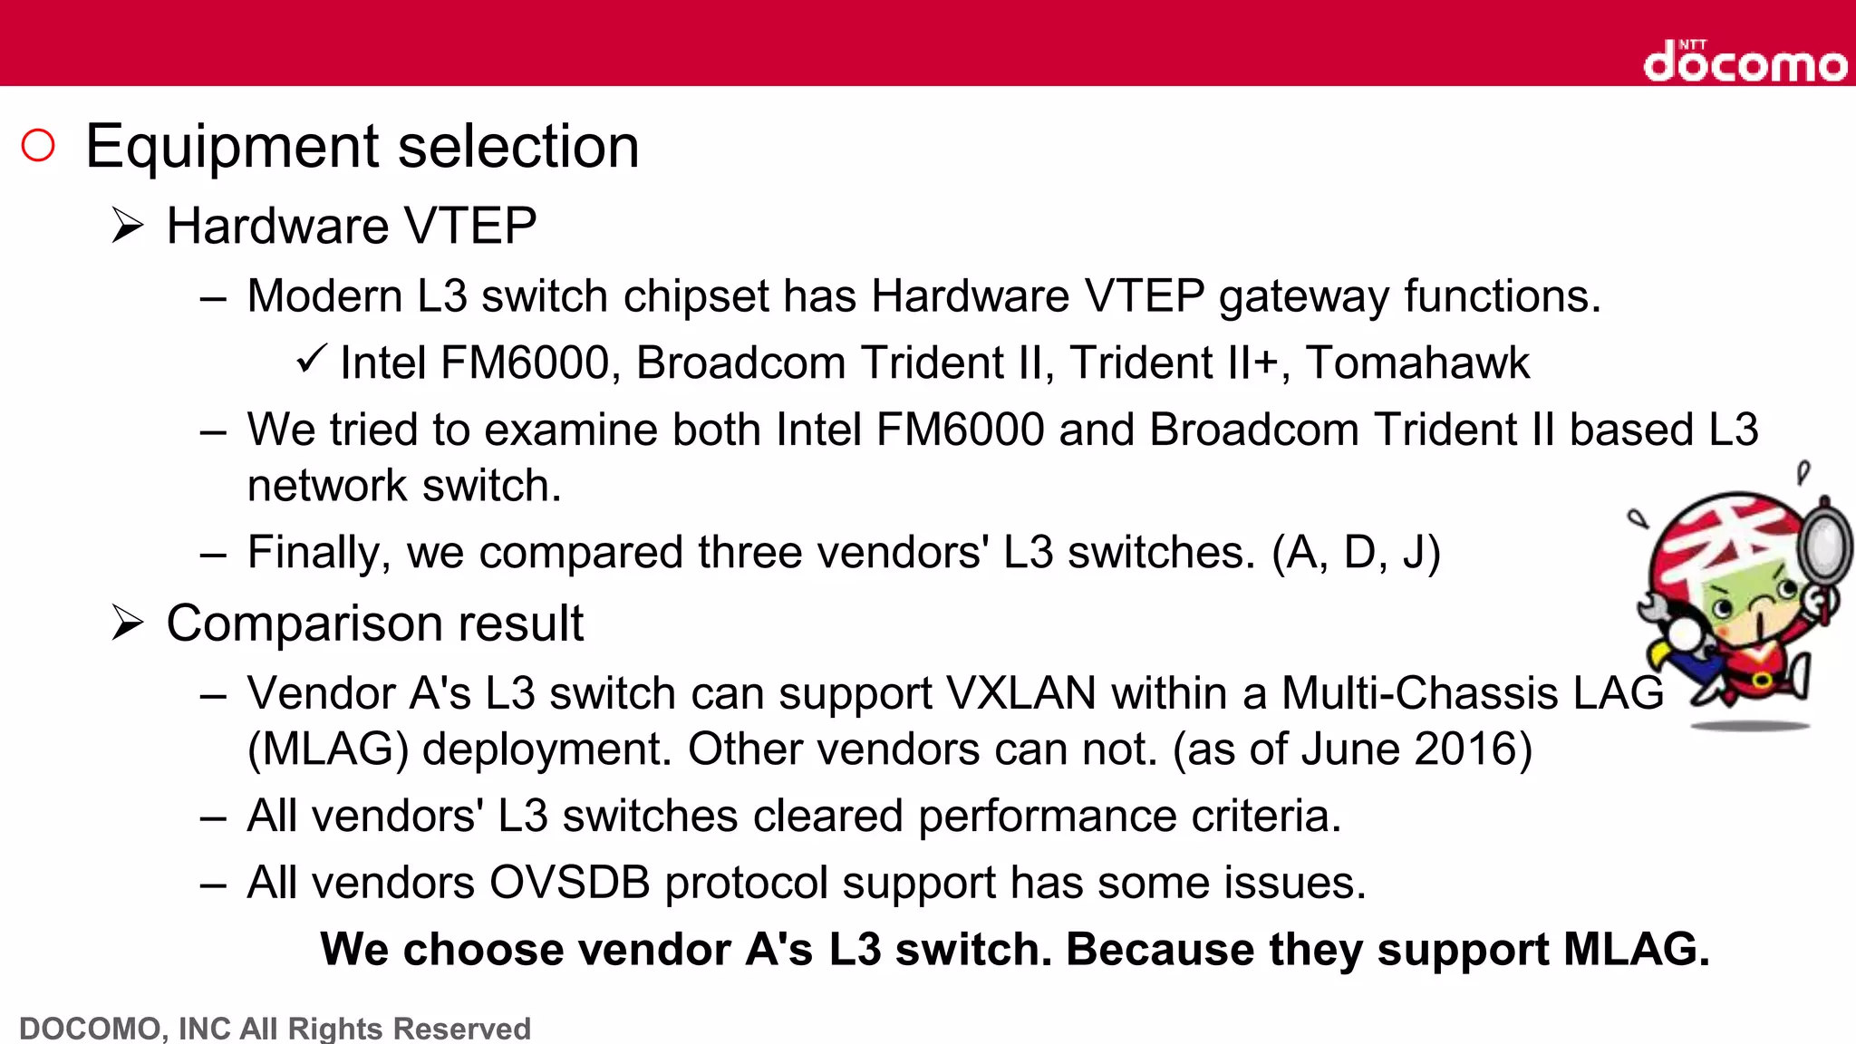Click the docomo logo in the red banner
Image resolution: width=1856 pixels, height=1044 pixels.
pyautogui.click(x=1745, y=62)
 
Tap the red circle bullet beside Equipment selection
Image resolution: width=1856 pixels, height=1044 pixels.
pyautogui.click(x=38, y=145)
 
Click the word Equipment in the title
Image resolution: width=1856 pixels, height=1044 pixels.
pyautogui.click(x=232, y=148)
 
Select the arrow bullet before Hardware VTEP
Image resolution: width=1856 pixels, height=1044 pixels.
pyautogui.click(x=128, y=225)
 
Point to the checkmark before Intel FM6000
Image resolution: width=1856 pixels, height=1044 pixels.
pyautogui.click(x=311, y=360)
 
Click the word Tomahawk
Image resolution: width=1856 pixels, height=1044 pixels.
pyautogui.click(x=1417, y=362)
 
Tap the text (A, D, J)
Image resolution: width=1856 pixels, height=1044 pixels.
pyautogui.click(x=1356, y=553)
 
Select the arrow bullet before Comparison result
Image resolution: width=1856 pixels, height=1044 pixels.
pyautogui.click(x=128, y=623)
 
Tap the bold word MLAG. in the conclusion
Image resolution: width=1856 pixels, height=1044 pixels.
pyautogui.click(x=1636, y=950)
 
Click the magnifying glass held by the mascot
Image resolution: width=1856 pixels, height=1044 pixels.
pyautogui.click(x=1823, y=544)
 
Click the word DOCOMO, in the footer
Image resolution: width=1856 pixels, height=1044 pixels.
pyautogui.click(x=92, y=1029)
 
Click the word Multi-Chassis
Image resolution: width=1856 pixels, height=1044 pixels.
pyautogui.click(x=1419, y=693)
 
